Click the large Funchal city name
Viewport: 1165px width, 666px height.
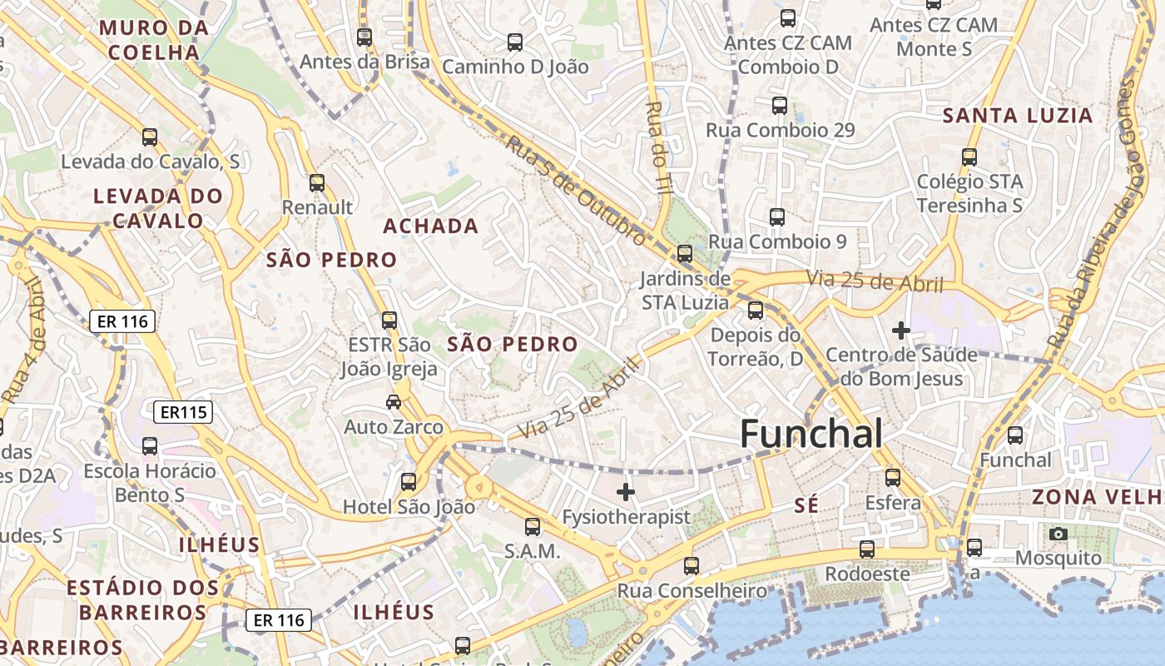811,434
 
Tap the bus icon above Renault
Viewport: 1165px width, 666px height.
317,183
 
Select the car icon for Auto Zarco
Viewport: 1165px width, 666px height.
394,403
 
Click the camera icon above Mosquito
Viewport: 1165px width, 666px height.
1058,534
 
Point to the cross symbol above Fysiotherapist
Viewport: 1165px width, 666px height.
626,492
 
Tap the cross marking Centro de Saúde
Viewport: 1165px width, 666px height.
900,331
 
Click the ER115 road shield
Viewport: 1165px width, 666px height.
183,411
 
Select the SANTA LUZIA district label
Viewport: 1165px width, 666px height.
1017,116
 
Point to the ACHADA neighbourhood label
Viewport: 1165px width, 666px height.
430,226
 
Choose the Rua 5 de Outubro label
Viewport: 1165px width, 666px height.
575,191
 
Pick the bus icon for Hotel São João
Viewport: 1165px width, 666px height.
409,481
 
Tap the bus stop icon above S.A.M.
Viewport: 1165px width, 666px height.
533,526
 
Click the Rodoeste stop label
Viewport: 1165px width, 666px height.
867,574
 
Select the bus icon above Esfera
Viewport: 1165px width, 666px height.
893,478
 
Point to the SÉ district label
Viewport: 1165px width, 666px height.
806,504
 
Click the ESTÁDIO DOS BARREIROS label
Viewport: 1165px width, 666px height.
143,599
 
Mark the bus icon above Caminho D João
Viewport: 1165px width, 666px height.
515,42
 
